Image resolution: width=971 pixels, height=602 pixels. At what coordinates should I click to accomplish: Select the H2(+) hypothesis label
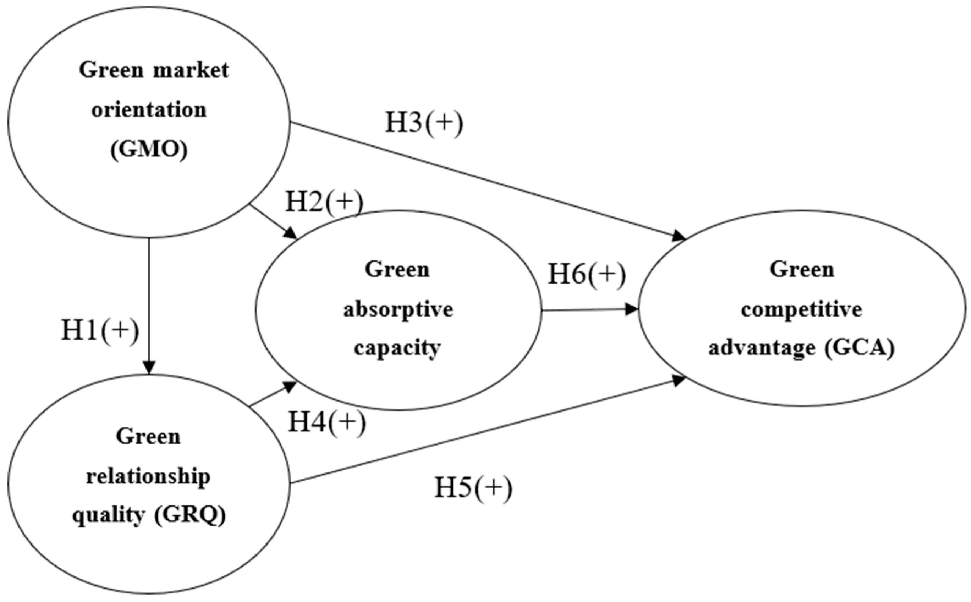324,202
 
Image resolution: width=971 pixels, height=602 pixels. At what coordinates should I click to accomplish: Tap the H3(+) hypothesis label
424,123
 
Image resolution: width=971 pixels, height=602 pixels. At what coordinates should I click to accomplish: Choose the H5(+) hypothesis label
473,488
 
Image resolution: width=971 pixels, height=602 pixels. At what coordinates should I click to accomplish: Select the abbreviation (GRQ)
190,515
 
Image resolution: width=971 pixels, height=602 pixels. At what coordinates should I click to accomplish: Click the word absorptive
398,310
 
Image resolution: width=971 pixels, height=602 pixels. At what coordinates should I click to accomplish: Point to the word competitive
801,309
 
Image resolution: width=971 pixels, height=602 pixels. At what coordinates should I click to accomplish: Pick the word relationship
148,476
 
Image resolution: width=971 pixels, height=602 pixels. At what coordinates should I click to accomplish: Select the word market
191,70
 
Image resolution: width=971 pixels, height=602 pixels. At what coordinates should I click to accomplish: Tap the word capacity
397,348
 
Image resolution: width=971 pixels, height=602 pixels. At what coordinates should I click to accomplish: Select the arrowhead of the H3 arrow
678,237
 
